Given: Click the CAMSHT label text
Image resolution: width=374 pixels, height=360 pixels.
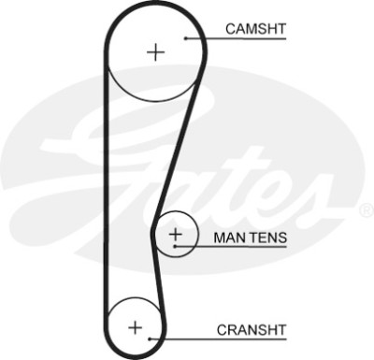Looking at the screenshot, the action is (255, 29).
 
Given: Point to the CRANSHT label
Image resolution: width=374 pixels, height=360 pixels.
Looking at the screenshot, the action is (252, 330).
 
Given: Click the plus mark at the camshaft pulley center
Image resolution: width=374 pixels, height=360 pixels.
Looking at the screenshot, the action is (155, 52).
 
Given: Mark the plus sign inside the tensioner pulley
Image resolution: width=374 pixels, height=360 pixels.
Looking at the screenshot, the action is (176, 234).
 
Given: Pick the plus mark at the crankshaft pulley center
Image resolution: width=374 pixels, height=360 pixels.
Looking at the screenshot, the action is (136, 327).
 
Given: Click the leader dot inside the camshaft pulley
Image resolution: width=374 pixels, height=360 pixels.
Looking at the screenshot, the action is (185, 38).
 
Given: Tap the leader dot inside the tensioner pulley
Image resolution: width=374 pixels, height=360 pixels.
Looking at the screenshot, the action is (175, 247).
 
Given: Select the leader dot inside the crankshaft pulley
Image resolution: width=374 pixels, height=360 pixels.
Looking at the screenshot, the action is (150, 338).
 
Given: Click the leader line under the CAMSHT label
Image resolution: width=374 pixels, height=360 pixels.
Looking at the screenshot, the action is (236, 38).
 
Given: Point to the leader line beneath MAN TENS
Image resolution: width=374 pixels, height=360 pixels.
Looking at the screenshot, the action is (231, 247).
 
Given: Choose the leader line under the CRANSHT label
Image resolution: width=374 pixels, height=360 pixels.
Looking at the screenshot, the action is (218, 338).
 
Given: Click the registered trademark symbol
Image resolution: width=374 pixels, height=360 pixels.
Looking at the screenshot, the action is (367, 210).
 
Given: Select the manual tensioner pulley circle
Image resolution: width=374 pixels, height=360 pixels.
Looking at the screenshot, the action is (197, 234).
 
